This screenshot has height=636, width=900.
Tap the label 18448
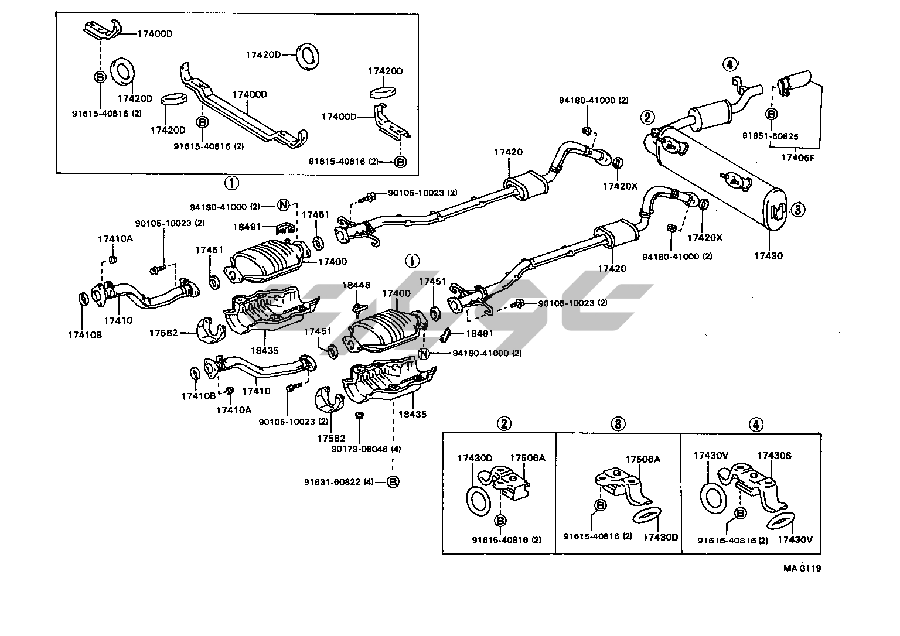coord(356,285)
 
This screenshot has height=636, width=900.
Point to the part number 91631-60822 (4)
coord(339,482)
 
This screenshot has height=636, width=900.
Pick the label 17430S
coord(774,456)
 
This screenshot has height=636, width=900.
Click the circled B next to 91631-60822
coord(393,482)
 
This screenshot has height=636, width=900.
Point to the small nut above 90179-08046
coord(360,415)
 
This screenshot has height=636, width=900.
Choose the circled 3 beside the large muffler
coord(797,209)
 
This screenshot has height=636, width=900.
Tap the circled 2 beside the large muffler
coord(647,117)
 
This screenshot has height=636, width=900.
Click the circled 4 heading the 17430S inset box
coord(755,424)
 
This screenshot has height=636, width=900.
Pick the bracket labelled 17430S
coord(756,483)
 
